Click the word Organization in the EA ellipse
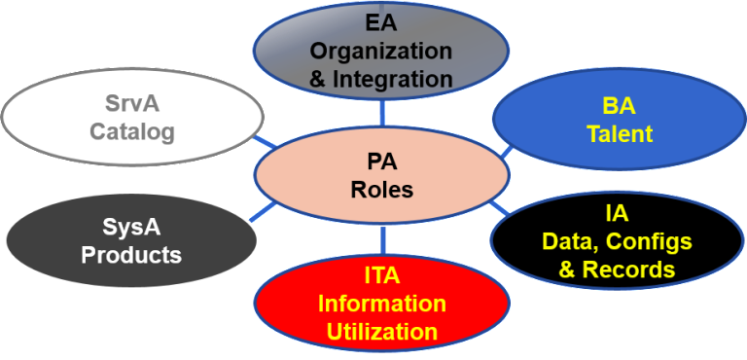381,50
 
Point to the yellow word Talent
619,133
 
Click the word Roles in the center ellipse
381,189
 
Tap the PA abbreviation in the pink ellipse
381,162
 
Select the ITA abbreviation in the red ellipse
381,275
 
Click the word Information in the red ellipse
381,304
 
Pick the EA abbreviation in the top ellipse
381,21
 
